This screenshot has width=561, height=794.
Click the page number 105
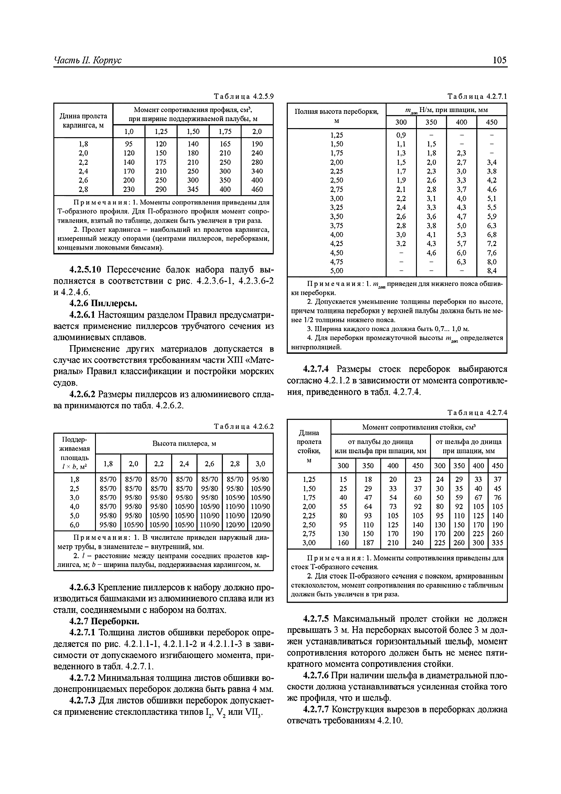(499, 60)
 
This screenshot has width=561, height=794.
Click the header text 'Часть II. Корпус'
(88, 60)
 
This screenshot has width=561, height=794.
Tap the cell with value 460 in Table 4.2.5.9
(257, 189)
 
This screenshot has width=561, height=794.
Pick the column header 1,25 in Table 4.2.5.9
(161, 132)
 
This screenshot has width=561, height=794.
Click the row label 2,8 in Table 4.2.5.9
(83, 189)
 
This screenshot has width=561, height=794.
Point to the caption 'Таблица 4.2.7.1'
(477, 96)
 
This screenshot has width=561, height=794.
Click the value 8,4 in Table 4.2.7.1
(492, 271)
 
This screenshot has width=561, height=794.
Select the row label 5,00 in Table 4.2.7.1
(337, 271)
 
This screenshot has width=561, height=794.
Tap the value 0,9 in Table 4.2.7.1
(401, 135)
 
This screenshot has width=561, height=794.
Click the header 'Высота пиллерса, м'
(184, 443)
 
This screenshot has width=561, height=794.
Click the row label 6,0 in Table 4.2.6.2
(75, 525)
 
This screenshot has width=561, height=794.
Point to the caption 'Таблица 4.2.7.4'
(477, 413)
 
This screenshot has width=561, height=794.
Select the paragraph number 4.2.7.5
(317, 619)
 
